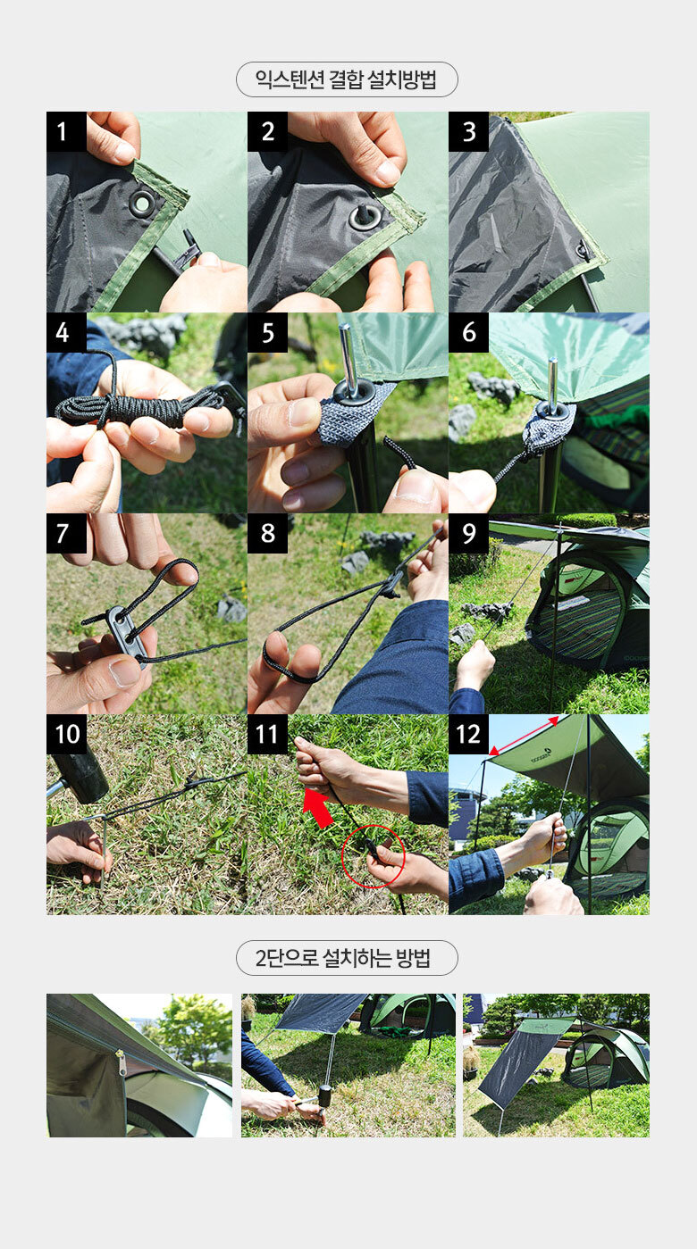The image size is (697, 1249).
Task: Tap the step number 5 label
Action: (x=268, y=332)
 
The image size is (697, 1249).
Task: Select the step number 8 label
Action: (x=268, y=533)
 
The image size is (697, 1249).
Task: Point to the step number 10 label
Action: (x=66, y=734)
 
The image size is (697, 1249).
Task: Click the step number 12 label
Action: (x=469, y=734)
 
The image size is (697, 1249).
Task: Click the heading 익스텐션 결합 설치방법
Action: (x=346, y=79)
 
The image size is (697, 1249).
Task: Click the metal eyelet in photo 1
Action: (x=142, y=204)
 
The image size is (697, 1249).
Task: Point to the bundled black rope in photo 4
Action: (x=139, y=410)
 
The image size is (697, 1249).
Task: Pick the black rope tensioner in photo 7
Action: (x=127, y=636)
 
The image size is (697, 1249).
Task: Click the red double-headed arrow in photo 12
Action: (x=524, y=736)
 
